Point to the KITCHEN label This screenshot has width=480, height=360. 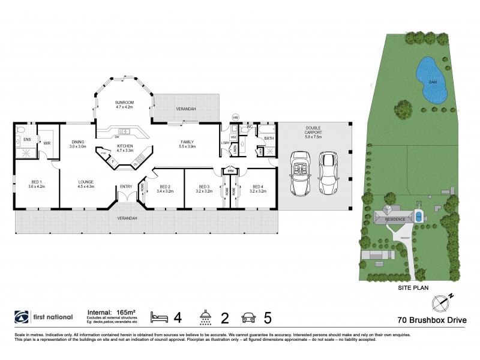[x=125, y=145]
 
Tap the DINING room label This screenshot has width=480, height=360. [x=78, y=142]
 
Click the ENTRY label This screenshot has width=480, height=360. [x=126, y=187]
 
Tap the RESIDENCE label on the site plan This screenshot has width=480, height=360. [x=395, y=220]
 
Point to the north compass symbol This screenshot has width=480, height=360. [x=445, y=300]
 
